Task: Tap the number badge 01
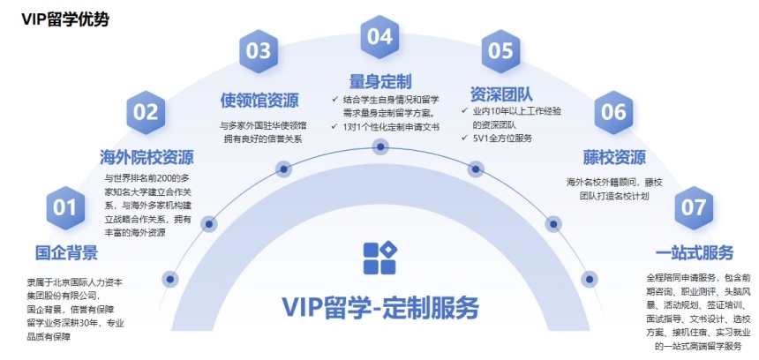65,208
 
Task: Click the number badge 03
259,51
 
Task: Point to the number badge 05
500,51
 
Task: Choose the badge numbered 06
612,112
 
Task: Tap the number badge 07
694,208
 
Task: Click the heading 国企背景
66,253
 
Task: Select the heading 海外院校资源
147,158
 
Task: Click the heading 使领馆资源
259,99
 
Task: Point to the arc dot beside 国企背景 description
170,279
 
